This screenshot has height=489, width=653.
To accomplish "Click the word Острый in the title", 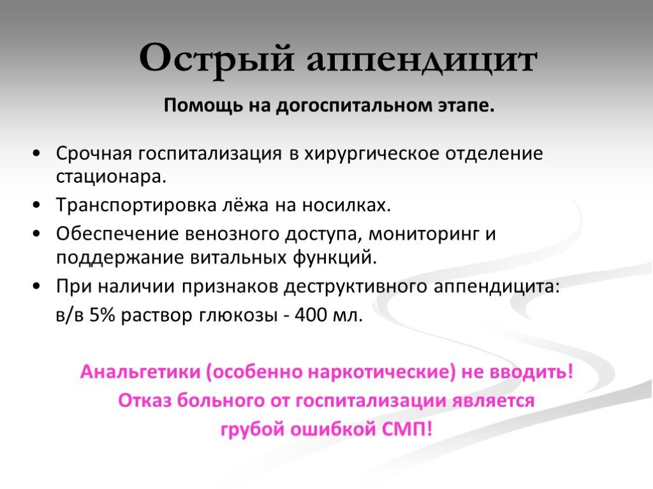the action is (x=217, y=59).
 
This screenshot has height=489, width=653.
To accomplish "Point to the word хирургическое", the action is (x=372, y=154).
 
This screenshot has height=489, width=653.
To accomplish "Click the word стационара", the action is (x=111, y=178).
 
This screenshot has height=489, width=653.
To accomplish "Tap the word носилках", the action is (x=346, y=205).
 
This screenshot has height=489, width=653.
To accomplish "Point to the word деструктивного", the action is (x=355, y=287).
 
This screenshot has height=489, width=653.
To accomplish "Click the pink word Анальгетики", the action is (x=140, y=372).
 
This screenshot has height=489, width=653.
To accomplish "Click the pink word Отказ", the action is (x=145, y=400).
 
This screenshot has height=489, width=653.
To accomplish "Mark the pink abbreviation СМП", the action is (x=407, y=429).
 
